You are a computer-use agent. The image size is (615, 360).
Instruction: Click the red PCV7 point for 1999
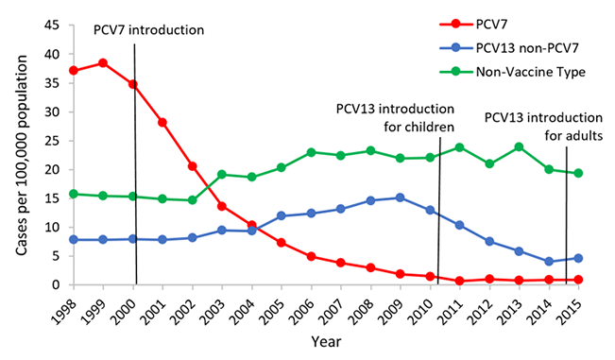[103, 63]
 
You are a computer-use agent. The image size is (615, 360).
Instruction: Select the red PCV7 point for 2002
[193, 166]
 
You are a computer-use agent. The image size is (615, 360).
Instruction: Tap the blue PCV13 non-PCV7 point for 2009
[401, 197]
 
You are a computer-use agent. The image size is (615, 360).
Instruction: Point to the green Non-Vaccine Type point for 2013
[520, 146]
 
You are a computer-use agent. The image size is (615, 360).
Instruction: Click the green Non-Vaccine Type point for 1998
[73, 194]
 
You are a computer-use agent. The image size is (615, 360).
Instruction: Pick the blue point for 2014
[549, 261]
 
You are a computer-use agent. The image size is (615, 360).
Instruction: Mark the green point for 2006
[311, 152]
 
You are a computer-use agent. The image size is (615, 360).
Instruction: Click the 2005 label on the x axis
[278, 309]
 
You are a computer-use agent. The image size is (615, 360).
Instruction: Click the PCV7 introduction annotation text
[148, 29]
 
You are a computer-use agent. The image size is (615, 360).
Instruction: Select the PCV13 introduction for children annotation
[396, 116]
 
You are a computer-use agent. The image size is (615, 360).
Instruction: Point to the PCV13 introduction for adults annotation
[542, 126]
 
